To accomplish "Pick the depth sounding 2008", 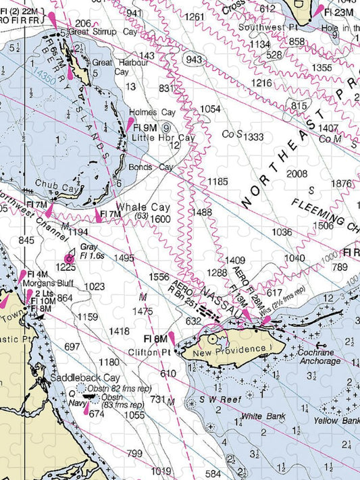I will click(x=297, y=174).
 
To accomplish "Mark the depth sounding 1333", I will click(x=254, y=137).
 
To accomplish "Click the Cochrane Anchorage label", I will click(x=319, y=356).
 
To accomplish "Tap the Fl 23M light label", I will click(x=338, y=11).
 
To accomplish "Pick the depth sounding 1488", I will click(x=202, y=212).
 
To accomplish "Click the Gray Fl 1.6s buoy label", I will click(x=93, y=251).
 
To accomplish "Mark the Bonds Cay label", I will click(x=147, y=167).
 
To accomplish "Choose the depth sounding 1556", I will click(x=159, y=277).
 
